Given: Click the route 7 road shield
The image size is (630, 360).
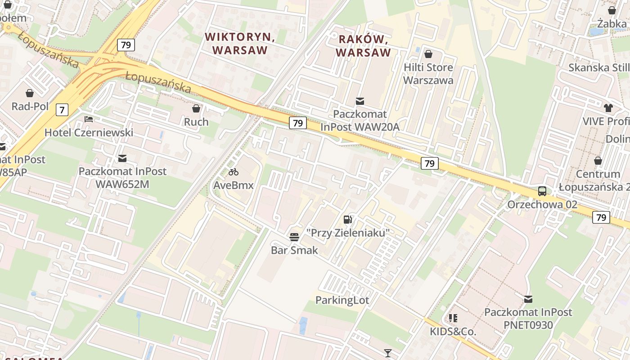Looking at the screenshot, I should [x=62, y=109].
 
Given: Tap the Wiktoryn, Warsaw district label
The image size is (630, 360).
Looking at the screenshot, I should [x=239, y=43].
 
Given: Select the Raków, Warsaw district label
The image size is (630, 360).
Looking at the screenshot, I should [x=363, y=46].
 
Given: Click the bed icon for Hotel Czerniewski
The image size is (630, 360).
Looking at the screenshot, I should [x=89, y=119].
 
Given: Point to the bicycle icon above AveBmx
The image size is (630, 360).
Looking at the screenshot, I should [x=233, y=171].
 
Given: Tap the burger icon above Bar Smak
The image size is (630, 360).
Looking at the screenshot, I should [x=294, y=237].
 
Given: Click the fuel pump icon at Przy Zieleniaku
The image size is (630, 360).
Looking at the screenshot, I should [x=347, y=219].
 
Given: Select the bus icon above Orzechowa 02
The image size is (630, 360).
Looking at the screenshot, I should [x=542, y=191].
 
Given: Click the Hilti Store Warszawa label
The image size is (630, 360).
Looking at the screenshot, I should [x=428, y=74].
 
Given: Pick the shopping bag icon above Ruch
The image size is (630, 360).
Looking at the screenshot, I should [x=196, y=108].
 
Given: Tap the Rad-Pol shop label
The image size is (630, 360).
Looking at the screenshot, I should [x=30, y=106].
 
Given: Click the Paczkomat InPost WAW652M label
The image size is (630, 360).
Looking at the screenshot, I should [x=122, y=178].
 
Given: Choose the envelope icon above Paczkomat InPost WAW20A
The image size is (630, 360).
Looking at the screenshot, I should [x=360, y=101].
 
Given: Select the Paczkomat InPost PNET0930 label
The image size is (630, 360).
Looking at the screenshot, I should [x=528, y=318].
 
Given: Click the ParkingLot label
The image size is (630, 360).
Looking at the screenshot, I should [x=342, y=300].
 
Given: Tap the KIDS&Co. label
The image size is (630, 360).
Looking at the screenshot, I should [x=453, y=332].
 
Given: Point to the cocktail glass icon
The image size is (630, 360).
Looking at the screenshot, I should [x=388, y=353].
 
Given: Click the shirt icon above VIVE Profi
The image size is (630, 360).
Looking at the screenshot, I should [x=608, y=108].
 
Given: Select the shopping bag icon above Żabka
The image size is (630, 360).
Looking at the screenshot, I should [x=612, y=10].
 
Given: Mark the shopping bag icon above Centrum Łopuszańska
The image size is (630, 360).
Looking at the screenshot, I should [x=598, y=161].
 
